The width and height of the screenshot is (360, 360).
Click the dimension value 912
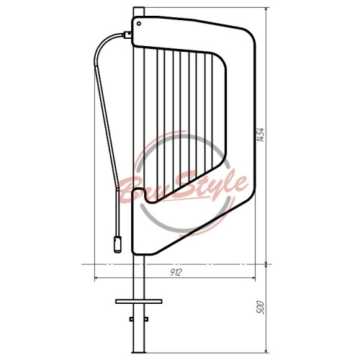tap(176, 272)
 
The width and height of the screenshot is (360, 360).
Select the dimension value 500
tap(261, 307)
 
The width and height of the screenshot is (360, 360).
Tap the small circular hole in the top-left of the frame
tap(139, 24)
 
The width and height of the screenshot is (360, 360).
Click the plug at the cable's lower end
tap(117, 244)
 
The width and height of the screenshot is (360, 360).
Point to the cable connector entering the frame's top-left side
tap(127, 35)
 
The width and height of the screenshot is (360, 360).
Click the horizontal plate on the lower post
tap(139, 302)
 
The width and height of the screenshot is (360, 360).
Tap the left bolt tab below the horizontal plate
tap(131, 319)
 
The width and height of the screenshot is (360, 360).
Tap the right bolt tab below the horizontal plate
tap(146, 319)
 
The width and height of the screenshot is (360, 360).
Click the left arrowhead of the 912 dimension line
tap(96, 278)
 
